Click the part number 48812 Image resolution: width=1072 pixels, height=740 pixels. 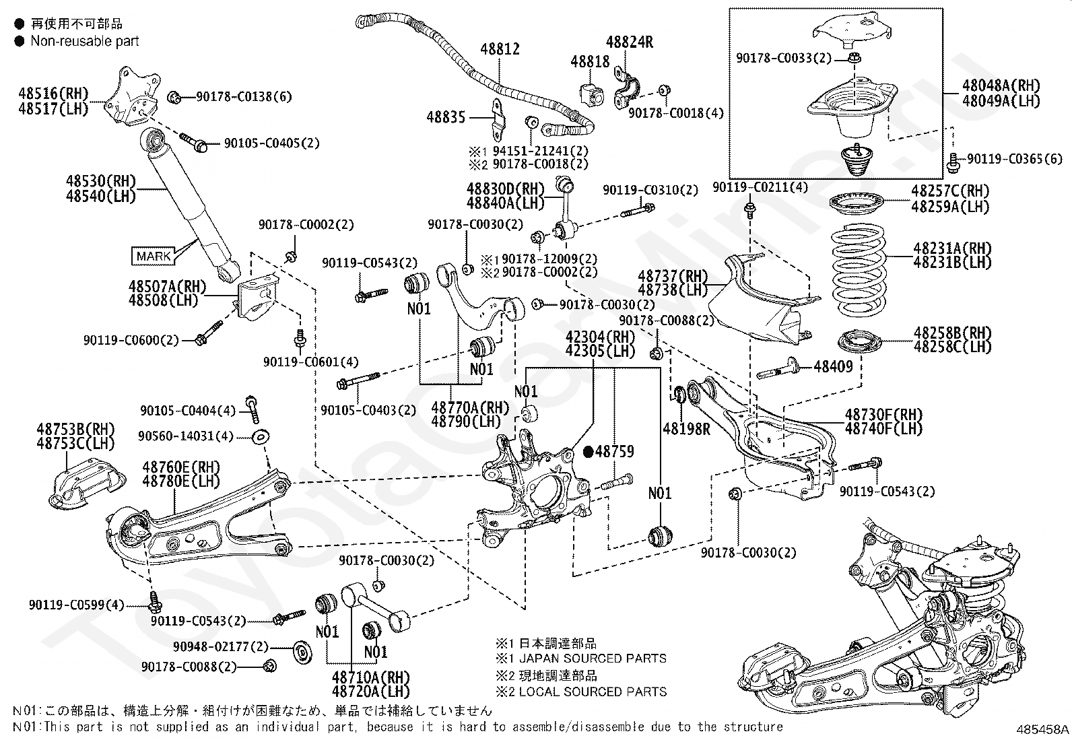(500, 49)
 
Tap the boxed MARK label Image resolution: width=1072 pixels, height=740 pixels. (154, 256)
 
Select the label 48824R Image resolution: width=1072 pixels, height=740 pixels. (630, 42)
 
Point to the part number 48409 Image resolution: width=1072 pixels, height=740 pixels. (833, 367)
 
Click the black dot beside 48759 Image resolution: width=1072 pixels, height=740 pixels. (589, 451)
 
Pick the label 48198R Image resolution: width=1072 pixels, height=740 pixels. (686, 429)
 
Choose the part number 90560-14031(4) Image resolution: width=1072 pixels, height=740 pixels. (186, 436)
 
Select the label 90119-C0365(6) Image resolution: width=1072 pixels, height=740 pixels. (1015, 158)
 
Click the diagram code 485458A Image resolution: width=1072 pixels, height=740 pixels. (1042, 729)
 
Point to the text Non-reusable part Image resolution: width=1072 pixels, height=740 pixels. (85, 41)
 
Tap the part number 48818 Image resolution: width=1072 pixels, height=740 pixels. (590, 62)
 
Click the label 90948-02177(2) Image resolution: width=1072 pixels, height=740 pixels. (221, 646)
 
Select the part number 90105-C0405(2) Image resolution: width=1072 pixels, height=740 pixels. (272, 143)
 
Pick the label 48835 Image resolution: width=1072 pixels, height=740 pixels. (446, 117)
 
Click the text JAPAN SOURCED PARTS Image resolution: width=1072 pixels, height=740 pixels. (593, 659)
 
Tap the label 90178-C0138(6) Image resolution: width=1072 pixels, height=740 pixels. (244, 97)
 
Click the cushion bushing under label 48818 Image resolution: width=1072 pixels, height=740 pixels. (593, 96)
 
